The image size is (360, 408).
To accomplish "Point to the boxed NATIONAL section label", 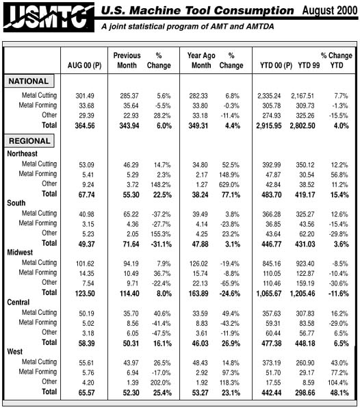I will click(29, 81).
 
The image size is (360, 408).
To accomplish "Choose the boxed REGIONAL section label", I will click(29, 141).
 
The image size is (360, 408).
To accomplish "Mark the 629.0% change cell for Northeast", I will click(231, 184).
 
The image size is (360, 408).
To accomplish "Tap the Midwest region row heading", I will click(23, 253).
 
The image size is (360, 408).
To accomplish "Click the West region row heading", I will click(17, 351).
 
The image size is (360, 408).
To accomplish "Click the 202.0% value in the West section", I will click(159, 381).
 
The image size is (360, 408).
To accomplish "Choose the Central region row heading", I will click(22, 302).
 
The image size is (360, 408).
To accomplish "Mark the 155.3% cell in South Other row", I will click(159, 233).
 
